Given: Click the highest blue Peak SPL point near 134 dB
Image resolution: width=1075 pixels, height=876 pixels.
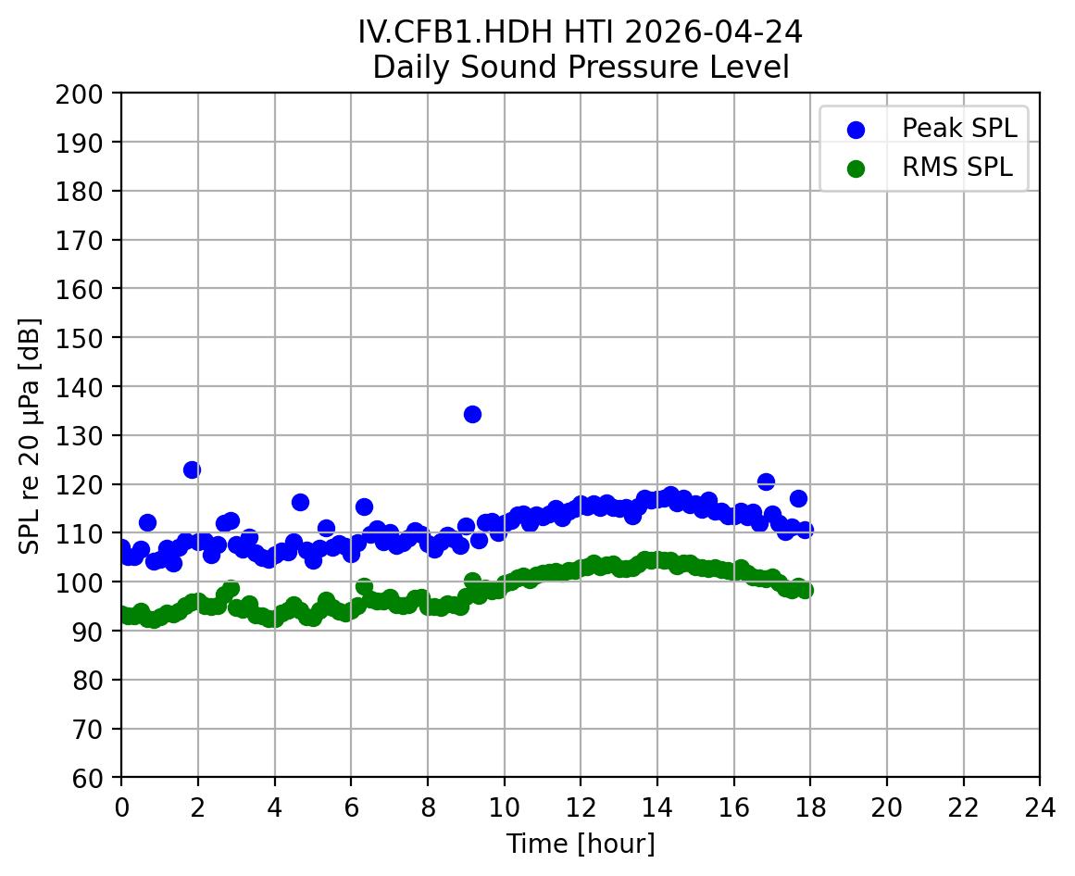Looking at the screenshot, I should pyautogui.click(x=472, y=414).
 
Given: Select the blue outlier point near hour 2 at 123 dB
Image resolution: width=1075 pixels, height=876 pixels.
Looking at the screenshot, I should pyautogui.click(x=192, y=469).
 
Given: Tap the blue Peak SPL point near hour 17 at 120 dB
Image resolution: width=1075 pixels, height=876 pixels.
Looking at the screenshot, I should pyautogui.click(x=766, y=482).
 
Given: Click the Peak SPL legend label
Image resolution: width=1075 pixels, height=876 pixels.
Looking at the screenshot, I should pyautogui.click(x=959, y=128).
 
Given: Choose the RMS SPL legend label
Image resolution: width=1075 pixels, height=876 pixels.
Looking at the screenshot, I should pyautogui.click(x=957, y=168).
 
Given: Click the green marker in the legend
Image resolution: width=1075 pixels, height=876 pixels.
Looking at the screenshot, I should pyautogui.click(x=856, y=169).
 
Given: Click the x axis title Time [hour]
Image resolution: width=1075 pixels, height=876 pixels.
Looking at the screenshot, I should pyautogui.click(x=581, y=844).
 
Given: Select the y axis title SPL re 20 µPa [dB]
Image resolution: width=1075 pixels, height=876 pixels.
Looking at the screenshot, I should pyautogui.click(x=30, y=435).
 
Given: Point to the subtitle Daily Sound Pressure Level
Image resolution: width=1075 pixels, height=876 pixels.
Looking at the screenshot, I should pyautogui.click(x=581, y=68).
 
